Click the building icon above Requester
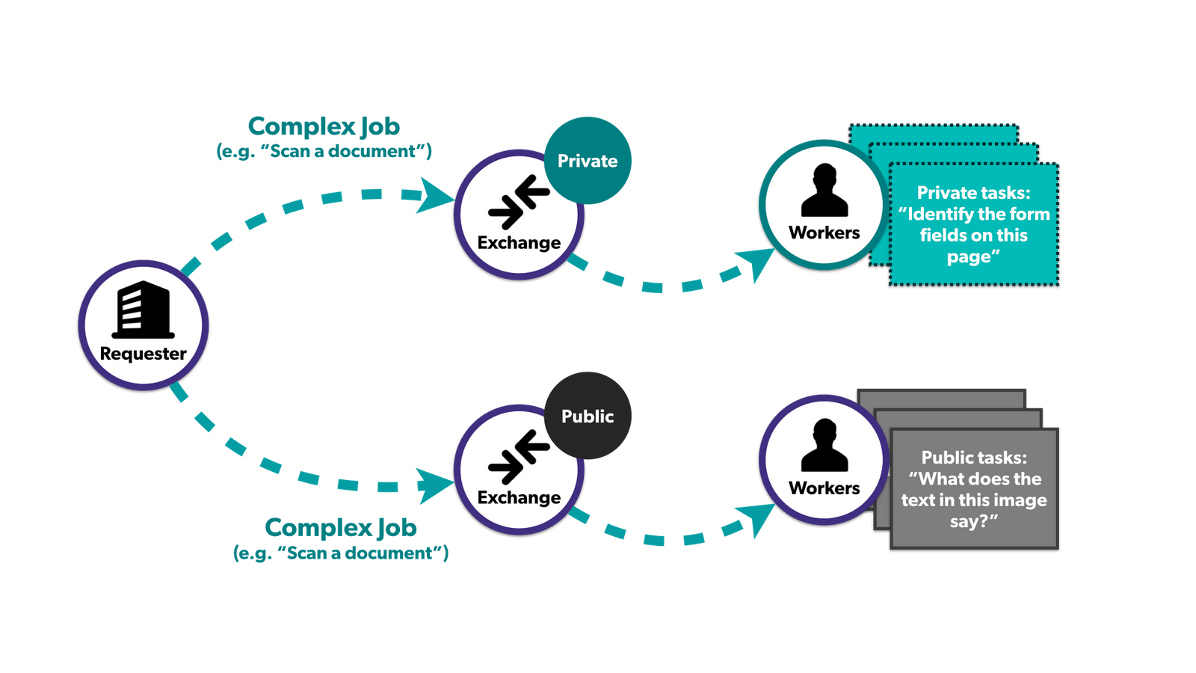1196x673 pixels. (x=143, y=310)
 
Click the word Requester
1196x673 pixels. (x=143, y=354)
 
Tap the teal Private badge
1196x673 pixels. (x=588, y=161)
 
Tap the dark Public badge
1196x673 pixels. (x=588, y=416)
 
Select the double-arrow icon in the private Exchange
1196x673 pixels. (x=519, y=202)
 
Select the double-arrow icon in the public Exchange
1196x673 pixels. (x=519, y=457)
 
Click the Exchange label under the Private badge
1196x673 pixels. (x=519, y=243)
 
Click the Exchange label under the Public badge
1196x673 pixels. (x=519, y=498)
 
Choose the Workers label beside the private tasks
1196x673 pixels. (x=824, y=233)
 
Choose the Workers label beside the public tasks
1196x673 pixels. (x=824, y=488)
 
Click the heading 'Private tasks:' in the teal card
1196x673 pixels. (x=973, y=193)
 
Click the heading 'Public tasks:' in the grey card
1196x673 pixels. (x=973, y=458)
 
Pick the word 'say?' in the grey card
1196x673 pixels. (x=969, y=521)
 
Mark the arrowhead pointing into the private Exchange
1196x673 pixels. (x=436, y=195)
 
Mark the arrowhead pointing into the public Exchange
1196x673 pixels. (x=436, y=485)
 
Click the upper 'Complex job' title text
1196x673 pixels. (x=324, y=126)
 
